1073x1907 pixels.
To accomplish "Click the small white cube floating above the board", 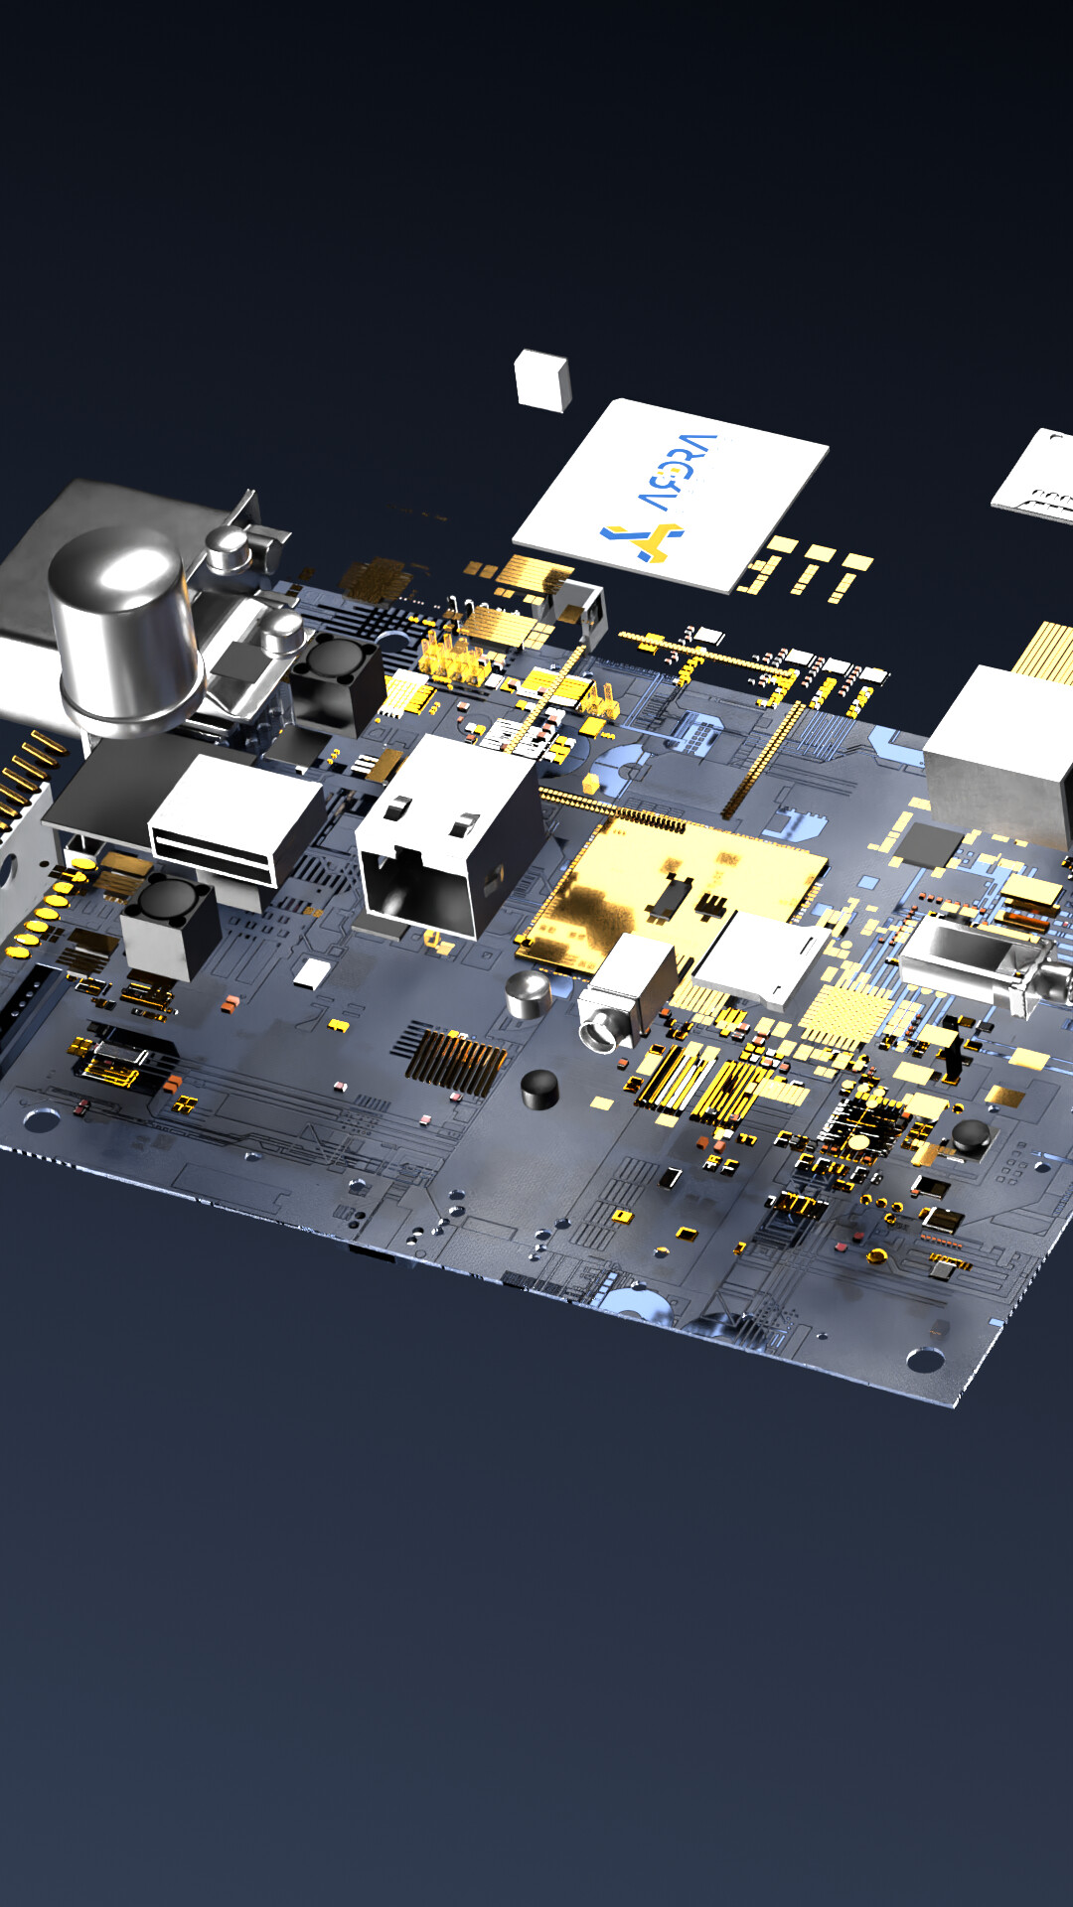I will coord(542,380).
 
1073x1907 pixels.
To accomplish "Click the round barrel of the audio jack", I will coord(602,1032).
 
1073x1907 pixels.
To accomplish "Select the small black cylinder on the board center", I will coord(539,1089).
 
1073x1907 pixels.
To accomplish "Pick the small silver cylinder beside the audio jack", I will coord(528,994).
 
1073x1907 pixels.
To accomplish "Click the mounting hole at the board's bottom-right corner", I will coord(924,1358).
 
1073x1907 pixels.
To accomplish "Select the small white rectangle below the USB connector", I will coord(313,973).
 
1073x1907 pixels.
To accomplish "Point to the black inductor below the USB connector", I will coord(170,923).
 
